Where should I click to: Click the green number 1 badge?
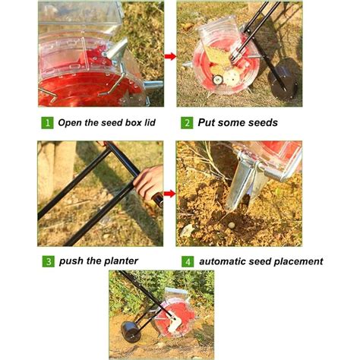[x=47, y=122]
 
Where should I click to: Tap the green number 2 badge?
[x=186, y=122]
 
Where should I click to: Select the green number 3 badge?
[x=47, y=261]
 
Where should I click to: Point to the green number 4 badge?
[x=186, y=261]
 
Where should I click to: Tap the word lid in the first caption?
[x=153, y=122]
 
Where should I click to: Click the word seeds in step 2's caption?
[x=258, y=122]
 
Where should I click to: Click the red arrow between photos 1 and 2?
[x=170, y=55]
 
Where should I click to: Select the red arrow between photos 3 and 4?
[x=170, y=194]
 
